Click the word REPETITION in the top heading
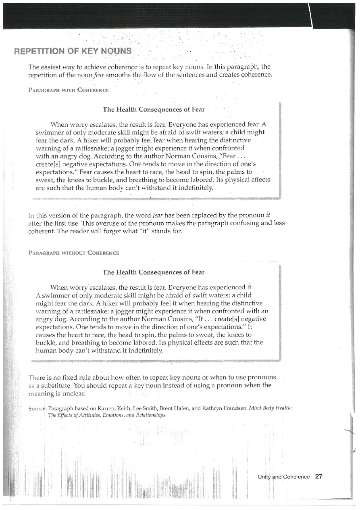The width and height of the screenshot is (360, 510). click(34, 51)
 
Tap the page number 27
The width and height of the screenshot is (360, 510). click(319, 477)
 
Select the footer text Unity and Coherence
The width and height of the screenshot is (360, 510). click(284, 477)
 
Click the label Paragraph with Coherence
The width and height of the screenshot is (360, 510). click(69, 90)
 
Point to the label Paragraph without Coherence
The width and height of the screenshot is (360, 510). click(73, 253)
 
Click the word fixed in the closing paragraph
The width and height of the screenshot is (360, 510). click(74, 378)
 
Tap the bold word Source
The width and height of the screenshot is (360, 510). click(37, 408)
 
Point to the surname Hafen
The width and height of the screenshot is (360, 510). click(180, 408)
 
